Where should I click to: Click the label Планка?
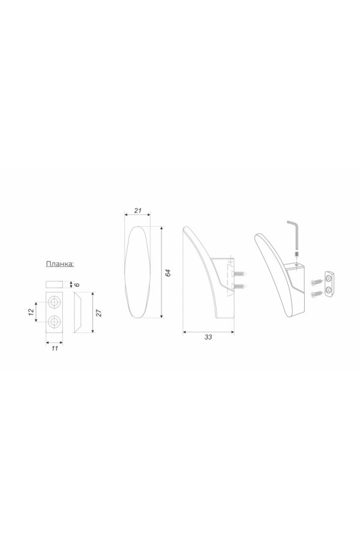click(60, 264)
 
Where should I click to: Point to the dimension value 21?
click(138, 211)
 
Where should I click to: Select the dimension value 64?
click(168, 273)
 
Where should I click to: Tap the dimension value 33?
click(208, 337)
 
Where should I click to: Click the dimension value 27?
click(98, 313)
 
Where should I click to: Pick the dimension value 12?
click(31, 311)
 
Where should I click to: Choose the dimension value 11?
click(55, 348)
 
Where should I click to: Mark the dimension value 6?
click(77, 284)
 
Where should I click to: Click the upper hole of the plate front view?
click(54, 302)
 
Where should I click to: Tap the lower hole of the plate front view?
click(54, 322)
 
